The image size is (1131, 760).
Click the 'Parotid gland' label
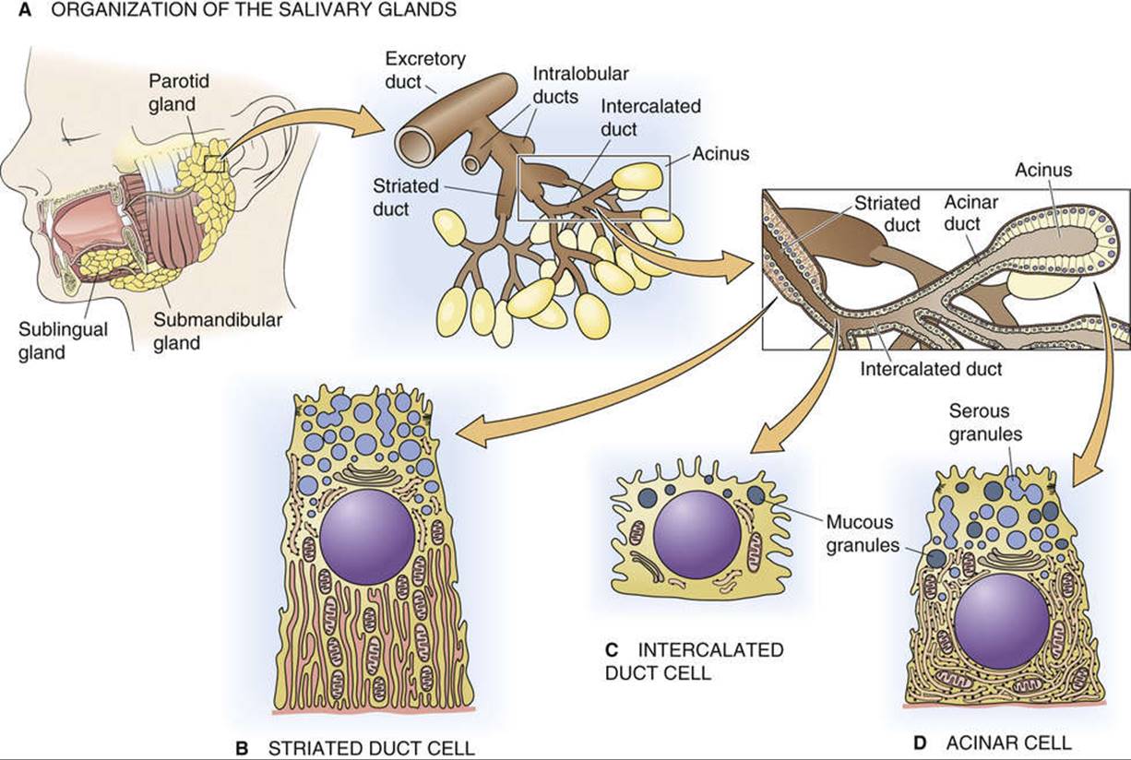click(x=179, y=92)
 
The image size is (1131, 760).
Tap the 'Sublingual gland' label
click(x=63, y=340)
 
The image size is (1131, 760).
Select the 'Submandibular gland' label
click(x=218, y=331)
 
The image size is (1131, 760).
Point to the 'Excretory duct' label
click(x=425, y=70)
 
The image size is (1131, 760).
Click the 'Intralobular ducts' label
click(x=580, y=85)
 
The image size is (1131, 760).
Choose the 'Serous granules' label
click(x=985, y=422)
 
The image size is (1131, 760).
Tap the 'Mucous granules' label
click(x=863, y=533)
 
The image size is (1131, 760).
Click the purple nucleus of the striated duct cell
click(x=367, y=537)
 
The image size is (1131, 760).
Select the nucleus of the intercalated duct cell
click(x=696, y=534)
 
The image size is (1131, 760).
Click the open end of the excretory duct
click(x=417, y=143)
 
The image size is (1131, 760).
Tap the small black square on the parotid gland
click(x=215, y=163)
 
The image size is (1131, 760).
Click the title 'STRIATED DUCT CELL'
click(x=372, y=748)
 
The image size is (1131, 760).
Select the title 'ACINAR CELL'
click(x=1009, y=742)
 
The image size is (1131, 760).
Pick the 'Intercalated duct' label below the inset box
click(x=931, y=369)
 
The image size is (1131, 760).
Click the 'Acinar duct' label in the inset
click(x=970, y=213)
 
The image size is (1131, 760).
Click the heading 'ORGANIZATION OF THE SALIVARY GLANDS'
click(x=254, y=9)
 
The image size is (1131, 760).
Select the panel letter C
click(x=612, y=649)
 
